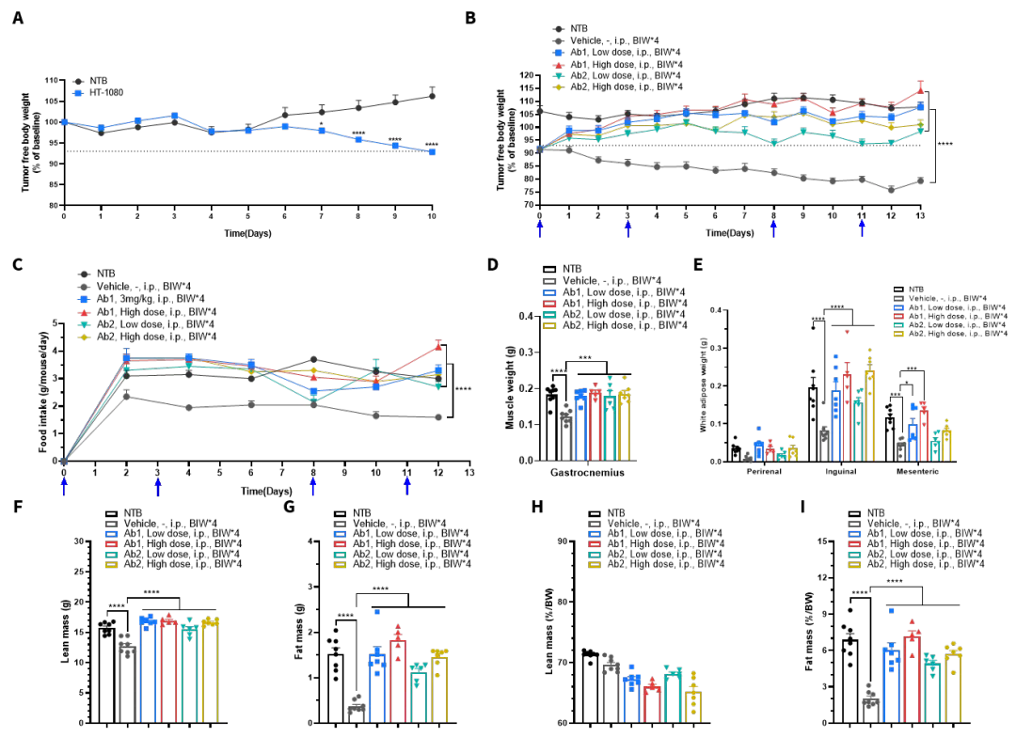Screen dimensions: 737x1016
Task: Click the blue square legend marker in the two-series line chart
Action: coord(78,94)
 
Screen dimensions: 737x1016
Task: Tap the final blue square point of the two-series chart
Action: coord(432,152)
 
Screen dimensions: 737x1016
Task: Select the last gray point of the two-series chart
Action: coord(432,93)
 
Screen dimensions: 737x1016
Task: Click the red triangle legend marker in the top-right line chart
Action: coord(558,66)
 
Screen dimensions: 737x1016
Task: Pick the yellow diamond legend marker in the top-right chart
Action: coord(558,87)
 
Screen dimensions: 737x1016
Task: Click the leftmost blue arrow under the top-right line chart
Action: coord(539,228)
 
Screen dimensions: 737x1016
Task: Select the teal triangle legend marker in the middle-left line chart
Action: coord(84,324)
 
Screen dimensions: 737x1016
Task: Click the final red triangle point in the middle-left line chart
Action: coord(438,346)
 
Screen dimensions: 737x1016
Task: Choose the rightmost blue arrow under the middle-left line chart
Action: coord(407,485)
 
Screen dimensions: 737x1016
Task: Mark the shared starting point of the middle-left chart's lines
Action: coord(64,460)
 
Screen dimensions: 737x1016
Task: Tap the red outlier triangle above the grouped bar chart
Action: coord(847,332)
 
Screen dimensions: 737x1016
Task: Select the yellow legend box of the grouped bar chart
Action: coord(897,332)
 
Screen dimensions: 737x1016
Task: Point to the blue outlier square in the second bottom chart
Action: coord(377,612)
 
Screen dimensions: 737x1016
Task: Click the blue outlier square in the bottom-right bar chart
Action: coord(892,611)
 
